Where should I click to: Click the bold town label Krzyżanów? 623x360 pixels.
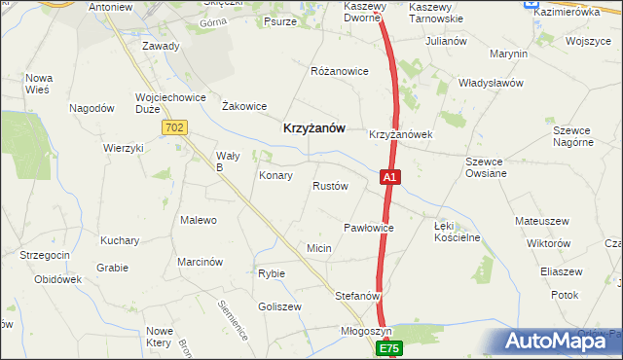pos(312,126)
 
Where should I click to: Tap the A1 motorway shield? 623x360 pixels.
pos(389,178)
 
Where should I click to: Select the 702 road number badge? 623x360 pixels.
pos(175,127)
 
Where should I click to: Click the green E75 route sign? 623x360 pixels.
pos(389,347)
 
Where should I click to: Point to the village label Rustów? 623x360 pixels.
pos(330,186)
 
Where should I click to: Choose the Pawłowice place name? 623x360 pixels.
pos(368,228)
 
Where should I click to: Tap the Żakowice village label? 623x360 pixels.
pos(244,106)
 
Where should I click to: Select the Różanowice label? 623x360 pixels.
pos(339,72)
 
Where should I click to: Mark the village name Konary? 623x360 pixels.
pos(276,176)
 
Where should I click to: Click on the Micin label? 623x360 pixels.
pos(319,249)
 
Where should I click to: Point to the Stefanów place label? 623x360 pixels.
pos(357,295)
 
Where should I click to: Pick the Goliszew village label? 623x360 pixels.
pos(280,306)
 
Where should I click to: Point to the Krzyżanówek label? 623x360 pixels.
pos(400,134)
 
